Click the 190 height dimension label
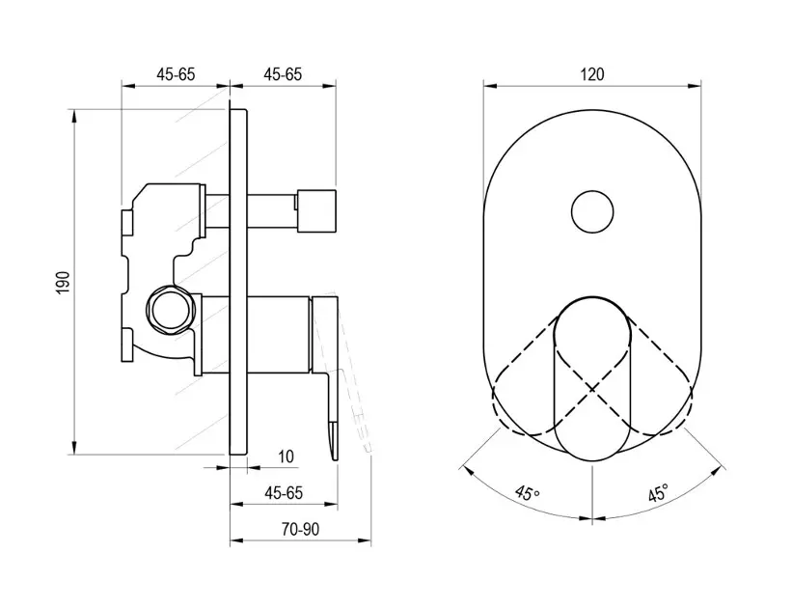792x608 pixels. [64, 283]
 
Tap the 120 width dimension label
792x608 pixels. [592, 74]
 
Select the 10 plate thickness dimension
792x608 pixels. [286, 456]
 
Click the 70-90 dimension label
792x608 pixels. [301, 529]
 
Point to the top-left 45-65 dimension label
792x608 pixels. [176, 74]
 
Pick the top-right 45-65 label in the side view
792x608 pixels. [283, 74]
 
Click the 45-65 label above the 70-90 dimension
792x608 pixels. [284, 493]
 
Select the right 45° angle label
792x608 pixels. [659, 492]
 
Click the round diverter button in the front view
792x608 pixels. [592, 212]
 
